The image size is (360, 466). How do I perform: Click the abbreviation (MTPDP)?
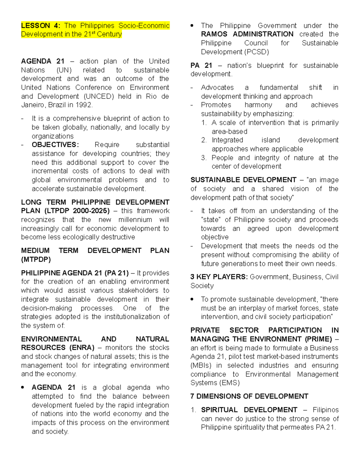click(36, 260)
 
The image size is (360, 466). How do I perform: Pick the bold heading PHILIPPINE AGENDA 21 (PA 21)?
click(75, 273)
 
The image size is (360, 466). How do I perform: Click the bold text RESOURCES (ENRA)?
click(58, 348)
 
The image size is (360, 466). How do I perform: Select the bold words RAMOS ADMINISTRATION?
click(247, 34)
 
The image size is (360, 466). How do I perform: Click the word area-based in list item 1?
click(229, 131)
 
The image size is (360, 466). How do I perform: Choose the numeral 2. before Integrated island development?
click(204, 140)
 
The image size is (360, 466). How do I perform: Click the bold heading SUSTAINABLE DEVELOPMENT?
click(243, 180)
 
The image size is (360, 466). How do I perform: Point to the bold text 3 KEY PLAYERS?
click(219, 277)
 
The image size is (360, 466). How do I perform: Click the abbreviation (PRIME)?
click(318, 339)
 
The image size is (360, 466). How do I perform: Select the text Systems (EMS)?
click(215, 383)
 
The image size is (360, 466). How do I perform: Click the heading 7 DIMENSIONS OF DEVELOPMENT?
click(249, 396)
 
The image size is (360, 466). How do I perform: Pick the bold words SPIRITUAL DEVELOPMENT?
click(249, 410)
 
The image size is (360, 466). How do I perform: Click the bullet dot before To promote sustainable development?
click(193, 299)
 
